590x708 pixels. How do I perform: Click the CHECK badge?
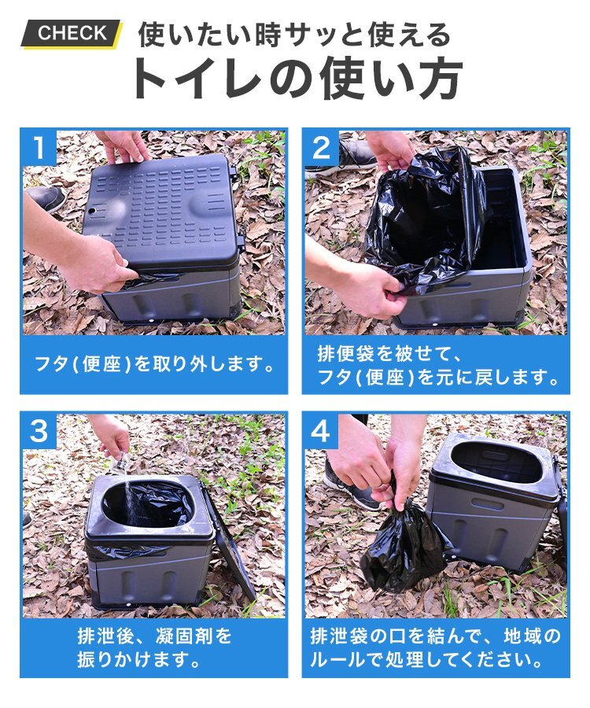click(72, 33)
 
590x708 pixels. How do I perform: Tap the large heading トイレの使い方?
click(296, 79)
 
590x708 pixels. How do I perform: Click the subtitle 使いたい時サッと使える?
click(294, 35)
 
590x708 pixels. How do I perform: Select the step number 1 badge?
click(39, 147)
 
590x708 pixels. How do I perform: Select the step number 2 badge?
click(322, 147)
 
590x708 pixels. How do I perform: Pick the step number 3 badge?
click(39, 431)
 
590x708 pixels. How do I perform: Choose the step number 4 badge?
click(322, 431)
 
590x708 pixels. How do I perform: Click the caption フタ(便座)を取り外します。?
click(155, 364)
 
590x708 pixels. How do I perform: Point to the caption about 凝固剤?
click(154, 647)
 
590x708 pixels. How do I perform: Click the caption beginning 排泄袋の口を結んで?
click(435, 647)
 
